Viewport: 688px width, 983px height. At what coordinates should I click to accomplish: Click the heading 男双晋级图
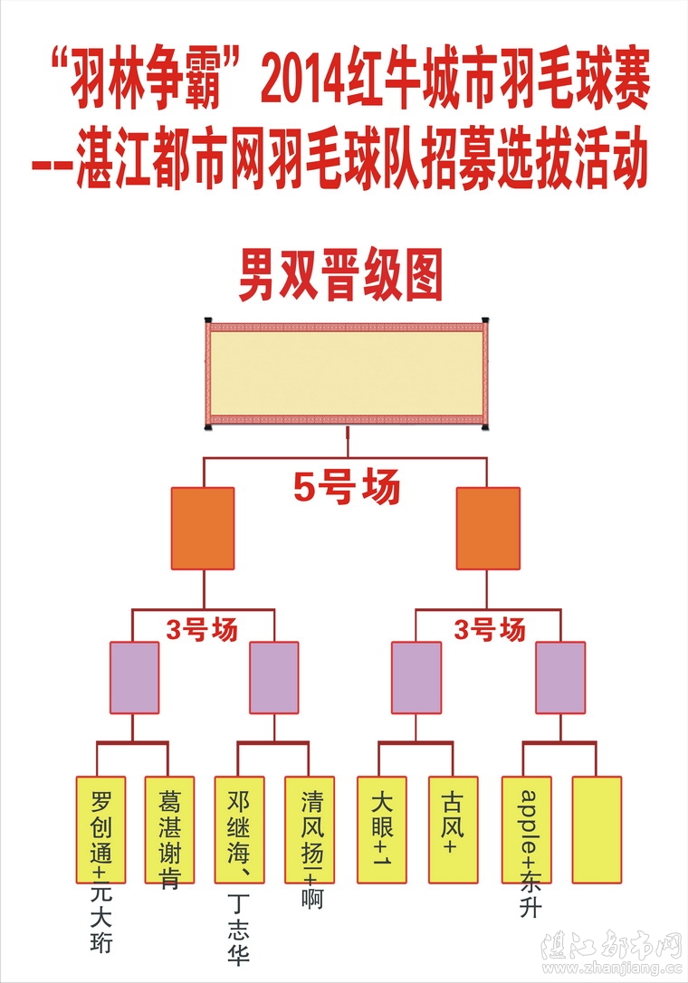pyautogui.click(x=339, y=277)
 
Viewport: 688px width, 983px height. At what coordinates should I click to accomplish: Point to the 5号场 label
pyautogui.click(x=346, y=490)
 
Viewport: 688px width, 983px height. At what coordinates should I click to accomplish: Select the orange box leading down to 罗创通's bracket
pyautogui.click(x=203, y=529)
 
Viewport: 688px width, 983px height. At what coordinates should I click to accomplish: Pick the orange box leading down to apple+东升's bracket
pyautogui.click(x=488, y=529)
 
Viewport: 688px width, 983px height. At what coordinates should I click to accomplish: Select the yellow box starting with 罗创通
pyautogui.click(x=100, y=828)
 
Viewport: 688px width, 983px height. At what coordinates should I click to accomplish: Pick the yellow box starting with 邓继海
pyautogui.click(x=239, y=828)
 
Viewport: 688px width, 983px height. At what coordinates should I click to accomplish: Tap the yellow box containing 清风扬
pyautogui.click(x=310, y=828)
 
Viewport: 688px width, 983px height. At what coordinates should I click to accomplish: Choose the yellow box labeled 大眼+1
pyautogui.click(x=381, y=828)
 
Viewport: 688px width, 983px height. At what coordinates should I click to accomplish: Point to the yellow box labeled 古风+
pyautogui.click(x=452, y=828)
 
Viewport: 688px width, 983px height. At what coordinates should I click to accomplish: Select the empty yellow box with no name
pyautogui.click(x=597, y=828)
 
